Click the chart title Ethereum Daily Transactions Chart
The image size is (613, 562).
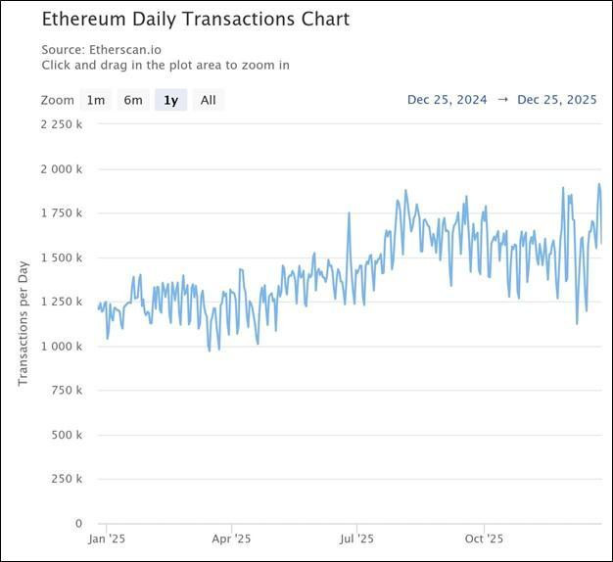click(x=195, y=19)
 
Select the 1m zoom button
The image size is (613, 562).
click(x=95, y=100)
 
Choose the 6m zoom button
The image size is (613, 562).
click(x=132, y=100)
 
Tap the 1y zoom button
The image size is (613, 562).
click(x=170, y=100)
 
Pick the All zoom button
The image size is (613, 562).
click(x=209, y=100)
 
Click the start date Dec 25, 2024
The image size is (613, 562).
click(x=448, y=100)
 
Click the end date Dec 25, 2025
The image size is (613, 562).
click(x=557, y=100)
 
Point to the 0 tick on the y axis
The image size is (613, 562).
click(x=79, y=523)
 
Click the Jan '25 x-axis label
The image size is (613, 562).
click(x=106, y=539)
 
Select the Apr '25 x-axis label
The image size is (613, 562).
click(x=232, y=539)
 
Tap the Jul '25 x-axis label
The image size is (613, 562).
click(x=357, y=539)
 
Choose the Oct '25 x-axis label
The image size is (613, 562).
click(x=484, y=539)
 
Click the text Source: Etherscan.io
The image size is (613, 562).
click(x=102, y=49)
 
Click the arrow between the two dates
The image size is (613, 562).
click(x=502, y=100)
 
